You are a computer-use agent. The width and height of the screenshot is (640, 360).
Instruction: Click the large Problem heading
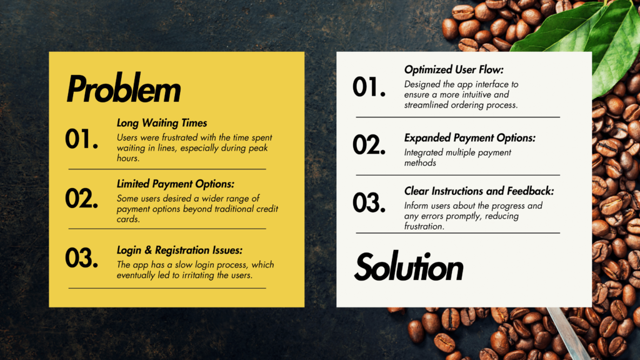(124, 89)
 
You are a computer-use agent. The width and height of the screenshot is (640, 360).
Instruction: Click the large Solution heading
(409, 267)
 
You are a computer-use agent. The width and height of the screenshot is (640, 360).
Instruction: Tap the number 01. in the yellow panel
(82, 139)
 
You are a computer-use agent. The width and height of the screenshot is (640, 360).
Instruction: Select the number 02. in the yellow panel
(82, 199)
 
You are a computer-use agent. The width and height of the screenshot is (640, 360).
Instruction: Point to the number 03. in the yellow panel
(82, 258)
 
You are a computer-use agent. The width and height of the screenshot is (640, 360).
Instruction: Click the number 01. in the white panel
(369, 87)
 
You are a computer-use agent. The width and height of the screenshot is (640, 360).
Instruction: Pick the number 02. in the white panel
(369, 145)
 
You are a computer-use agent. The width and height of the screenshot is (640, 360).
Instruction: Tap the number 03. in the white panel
(369, 203)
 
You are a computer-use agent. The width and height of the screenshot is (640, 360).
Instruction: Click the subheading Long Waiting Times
(162, 123)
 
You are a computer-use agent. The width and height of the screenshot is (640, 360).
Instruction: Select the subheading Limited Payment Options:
(176, 184)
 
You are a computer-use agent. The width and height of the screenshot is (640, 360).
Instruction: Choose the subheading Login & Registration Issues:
(179, 250)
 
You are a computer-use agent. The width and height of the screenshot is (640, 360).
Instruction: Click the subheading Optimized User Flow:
(454, 70)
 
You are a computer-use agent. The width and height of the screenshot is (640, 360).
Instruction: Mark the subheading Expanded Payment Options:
(470, 138)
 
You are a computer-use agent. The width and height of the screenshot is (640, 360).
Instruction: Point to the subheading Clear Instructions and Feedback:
(479, 191)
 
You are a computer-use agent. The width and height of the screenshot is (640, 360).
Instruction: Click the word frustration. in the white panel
(424, 226)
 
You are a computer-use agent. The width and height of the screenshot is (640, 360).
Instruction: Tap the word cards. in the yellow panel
(128, 219)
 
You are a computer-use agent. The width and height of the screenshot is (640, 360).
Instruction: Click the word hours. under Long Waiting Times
(128, 158)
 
